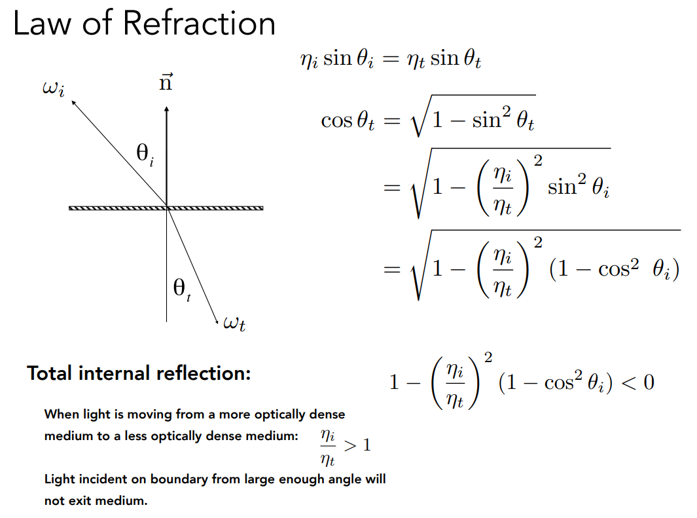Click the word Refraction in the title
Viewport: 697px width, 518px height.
pos(199,24)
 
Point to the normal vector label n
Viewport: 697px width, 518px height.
pos(166,83)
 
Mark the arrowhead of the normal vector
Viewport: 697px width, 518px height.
pos(167,109)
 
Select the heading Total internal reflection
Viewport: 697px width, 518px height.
pos(139,373)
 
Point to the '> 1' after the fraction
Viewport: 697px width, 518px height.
pos(357,445)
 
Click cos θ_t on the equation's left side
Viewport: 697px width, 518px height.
pos(348,120)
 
